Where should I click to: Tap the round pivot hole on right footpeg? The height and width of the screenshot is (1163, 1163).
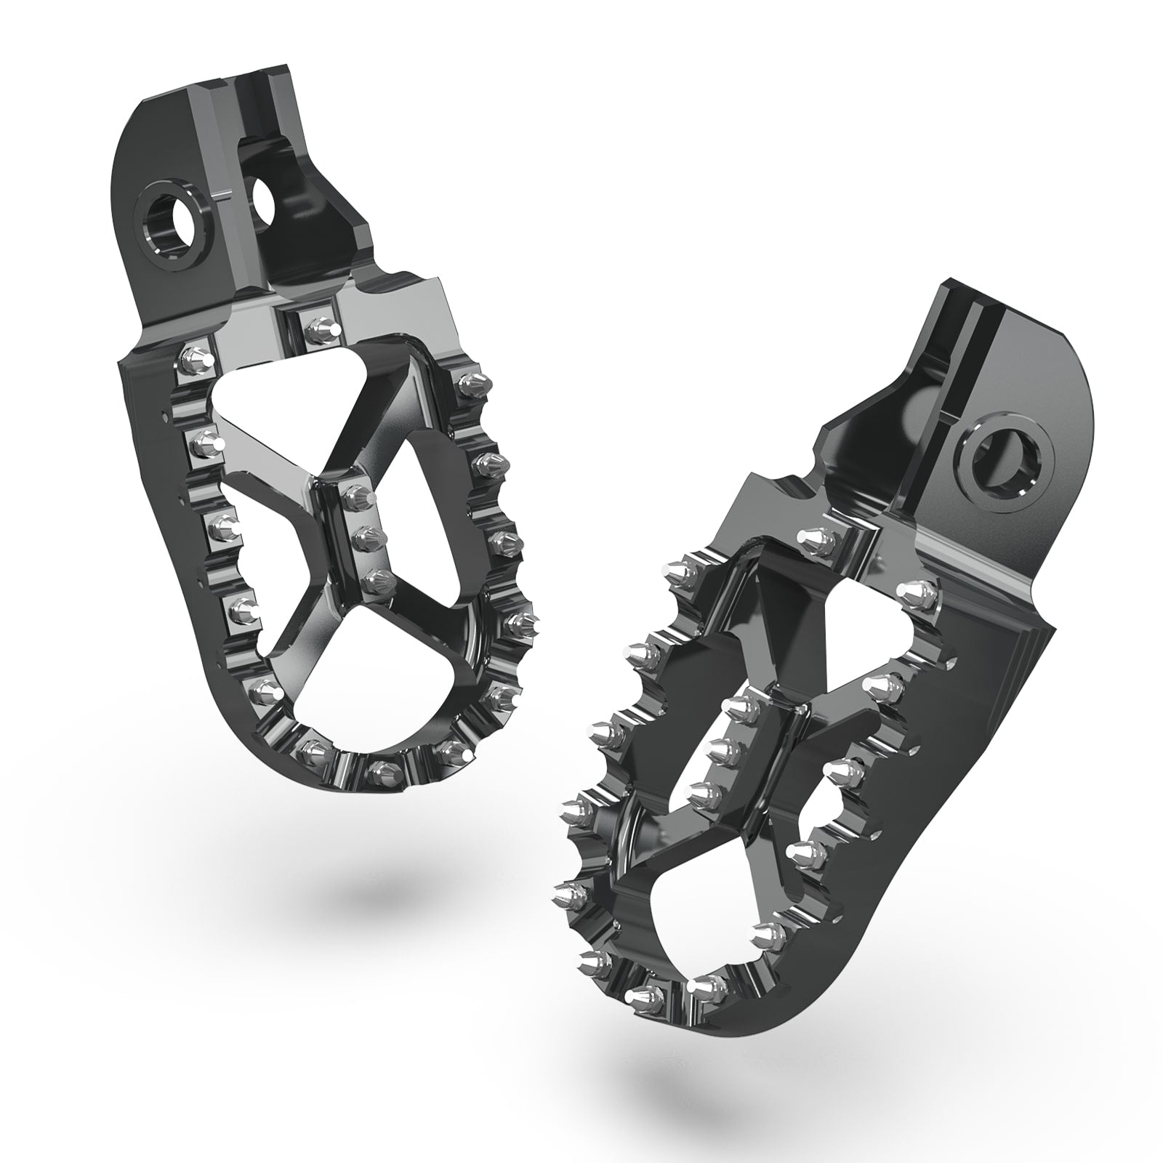pos(1007,457)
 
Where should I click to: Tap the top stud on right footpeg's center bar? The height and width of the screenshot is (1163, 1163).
pos(739,705)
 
